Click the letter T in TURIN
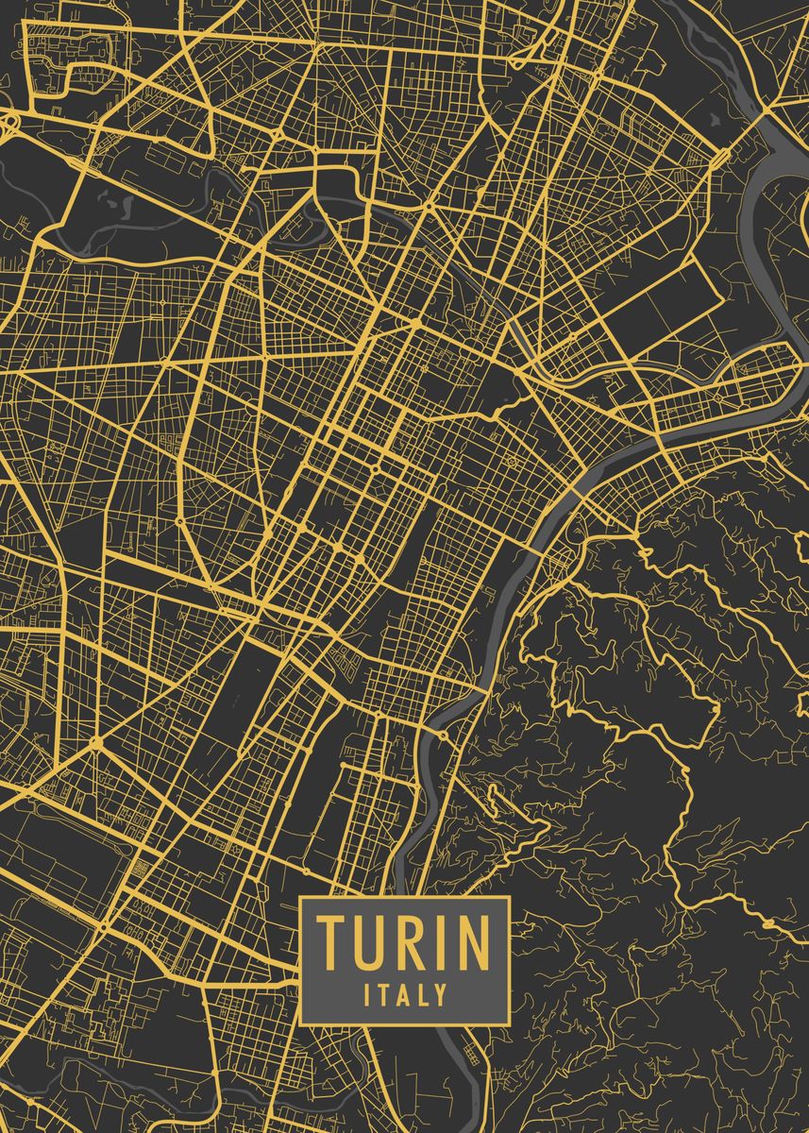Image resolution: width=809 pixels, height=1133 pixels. point(330,942)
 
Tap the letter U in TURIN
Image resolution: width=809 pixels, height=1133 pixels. point(371,942)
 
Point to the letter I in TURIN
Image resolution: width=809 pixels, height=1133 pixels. point(443,942)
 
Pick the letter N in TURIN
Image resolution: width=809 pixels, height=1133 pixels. point(472,942)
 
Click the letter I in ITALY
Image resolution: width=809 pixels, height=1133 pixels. point(366,994)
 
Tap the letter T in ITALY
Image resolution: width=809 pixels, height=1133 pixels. point(381,994)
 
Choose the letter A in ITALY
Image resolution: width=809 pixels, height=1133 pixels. point(400,994)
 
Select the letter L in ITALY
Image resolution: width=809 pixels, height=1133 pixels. point(421,994)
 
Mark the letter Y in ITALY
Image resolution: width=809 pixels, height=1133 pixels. point(439,994)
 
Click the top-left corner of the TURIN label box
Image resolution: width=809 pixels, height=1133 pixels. point(300,897)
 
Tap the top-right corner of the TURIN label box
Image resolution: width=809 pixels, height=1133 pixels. point(510,897)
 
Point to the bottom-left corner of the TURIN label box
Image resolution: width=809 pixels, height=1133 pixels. point(300,1024)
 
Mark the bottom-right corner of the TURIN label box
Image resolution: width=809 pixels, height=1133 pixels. point(510,1024)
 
